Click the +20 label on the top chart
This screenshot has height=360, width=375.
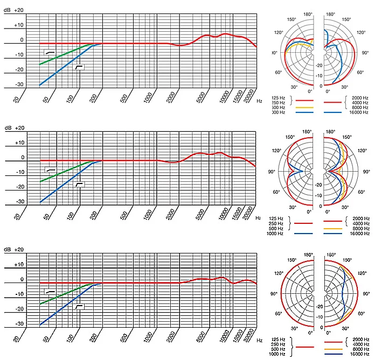click(19, 10)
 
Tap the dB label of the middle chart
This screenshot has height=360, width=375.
click(8, 128)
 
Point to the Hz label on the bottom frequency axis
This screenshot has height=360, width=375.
click(260, 341)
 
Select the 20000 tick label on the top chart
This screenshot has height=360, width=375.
click(248, 97)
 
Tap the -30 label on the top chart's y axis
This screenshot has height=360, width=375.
click(20, 84)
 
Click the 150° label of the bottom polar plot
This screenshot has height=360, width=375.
click(291, 260)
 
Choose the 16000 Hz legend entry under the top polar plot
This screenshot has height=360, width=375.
click(358, 112)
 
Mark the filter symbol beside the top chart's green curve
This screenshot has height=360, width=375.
click(50, 52)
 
